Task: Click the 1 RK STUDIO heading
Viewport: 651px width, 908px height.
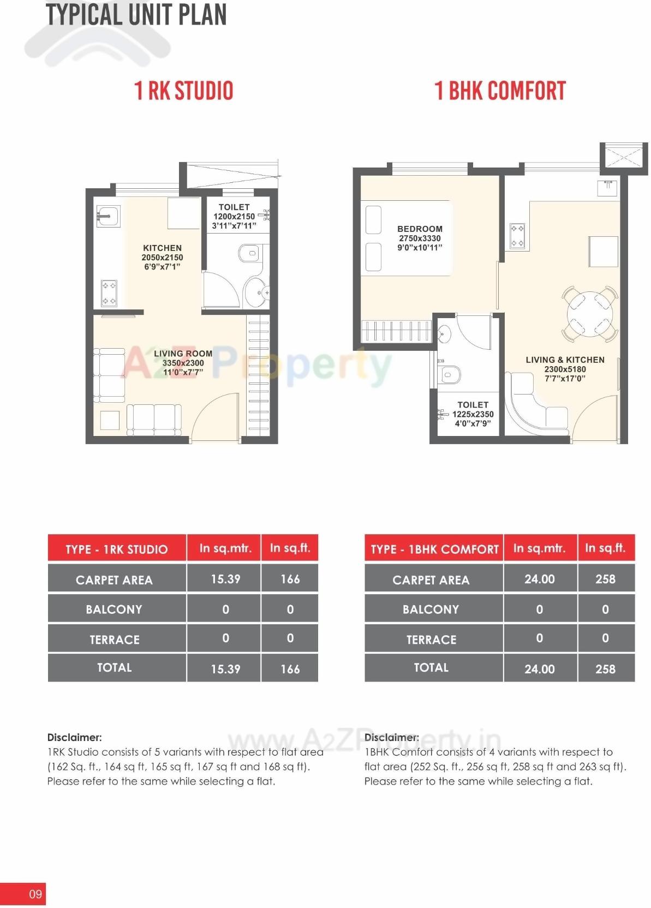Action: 184,91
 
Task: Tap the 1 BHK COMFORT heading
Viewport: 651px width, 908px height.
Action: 500,91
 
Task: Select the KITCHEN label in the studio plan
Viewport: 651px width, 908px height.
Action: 162,248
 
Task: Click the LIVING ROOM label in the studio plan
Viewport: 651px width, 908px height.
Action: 183,354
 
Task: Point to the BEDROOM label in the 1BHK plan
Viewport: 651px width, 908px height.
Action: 420,229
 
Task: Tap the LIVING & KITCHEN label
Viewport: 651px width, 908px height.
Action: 565,360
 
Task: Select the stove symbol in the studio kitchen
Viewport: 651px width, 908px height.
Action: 109,293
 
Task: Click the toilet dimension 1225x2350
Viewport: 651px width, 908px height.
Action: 473,414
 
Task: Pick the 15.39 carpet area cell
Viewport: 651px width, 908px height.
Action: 225,579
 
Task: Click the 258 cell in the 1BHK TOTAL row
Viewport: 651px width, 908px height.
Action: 605,669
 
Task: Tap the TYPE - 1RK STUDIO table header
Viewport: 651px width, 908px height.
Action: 116,549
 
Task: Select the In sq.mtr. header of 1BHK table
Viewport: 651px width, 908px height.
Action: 539,548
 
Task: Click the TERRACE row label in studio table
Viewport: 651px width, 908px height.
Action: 115,640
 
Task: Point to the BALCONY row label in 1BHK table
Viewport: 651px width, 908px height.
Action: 431,610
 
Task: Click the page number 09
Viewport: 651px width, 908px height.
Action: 35,894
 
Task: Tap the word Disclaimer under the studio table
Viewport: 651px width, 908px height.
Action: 74,737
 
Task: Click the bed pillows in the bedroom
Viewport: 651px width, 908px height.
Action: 373,238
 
